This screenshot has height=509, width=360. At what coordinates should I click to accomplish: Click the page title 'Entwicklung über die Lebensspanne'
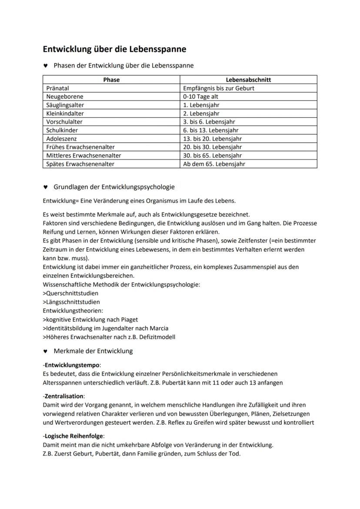coord(114,49)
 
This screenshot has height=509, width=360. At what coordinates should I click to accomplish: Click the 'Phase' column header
coord(111,80)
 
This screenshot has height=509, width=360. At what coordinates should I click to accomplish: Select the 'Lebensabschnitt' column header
coord(248,80)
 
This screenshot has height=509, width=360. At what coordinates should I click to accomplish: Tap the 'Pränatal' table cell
coord(58,88)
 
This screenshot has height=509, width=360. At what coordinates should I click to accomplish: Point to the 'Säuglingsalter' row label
coord(65,105)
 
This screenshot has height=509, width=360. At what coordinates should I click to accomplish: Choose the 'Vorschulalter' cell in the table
coord(64,122)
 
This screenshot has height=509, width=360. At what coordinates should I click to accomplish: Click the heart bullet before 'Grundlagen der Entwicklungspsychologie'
coord(45,187)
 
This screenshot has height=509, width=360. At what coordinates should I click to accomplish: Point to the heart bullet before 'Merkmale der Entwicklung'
coord(45,351)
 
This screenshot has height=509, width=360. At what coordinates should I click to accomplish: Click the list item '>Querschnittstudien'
coord(70,293)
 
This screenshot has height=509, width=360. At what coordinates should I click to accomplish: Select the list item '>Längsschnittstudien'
coord(71,302)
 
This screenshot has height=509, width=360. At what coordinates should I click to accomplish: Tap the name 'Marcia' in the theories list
coord(158,328)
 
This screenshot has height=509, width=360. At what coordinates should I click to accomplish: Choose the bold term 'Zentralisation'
coord(64,396)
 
